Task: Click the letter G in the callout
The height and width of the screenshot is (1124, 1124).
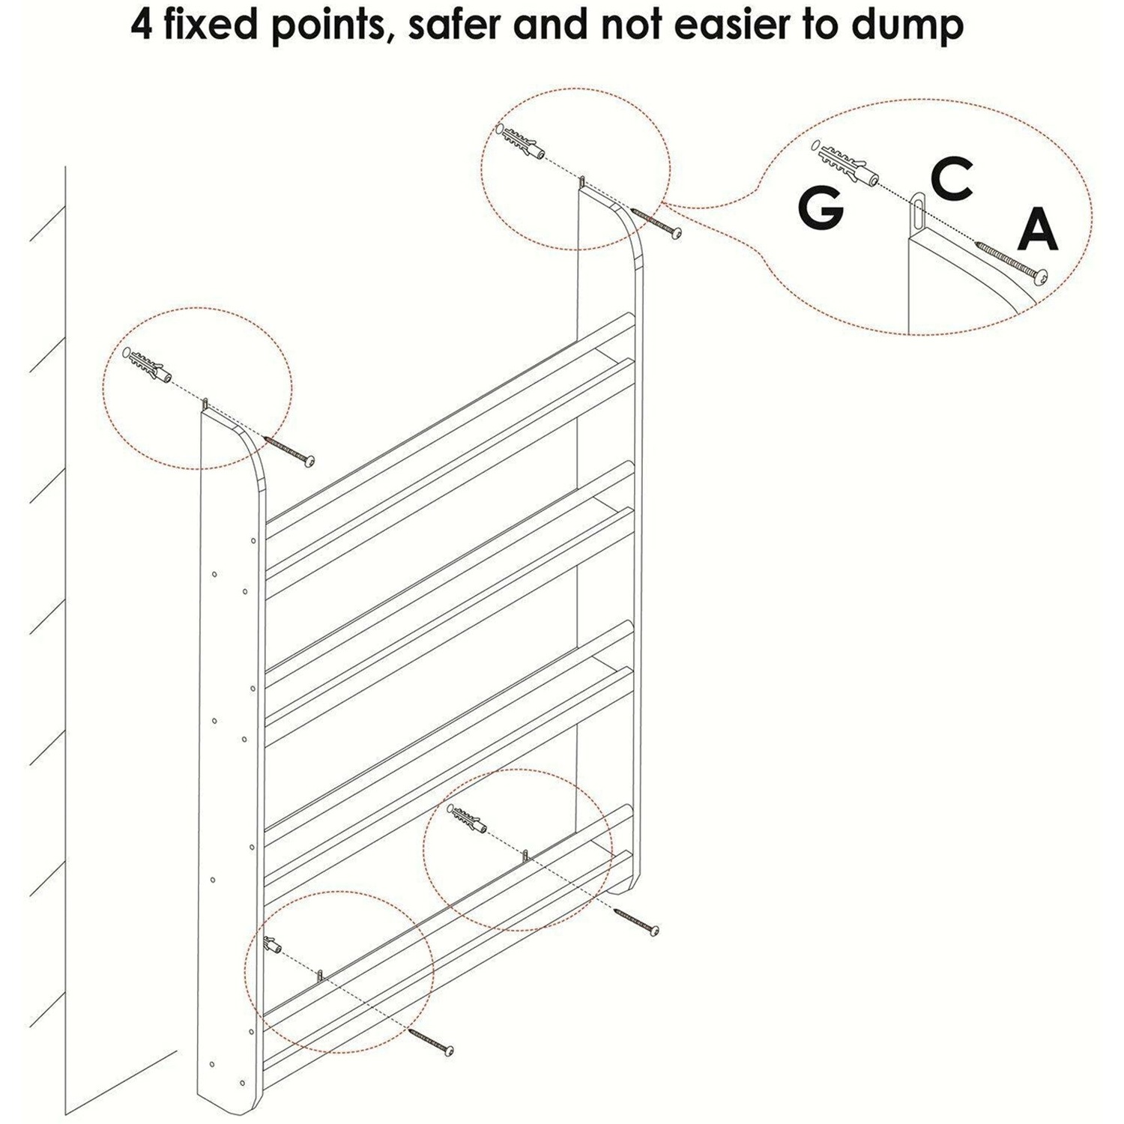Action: (x=821, y=208)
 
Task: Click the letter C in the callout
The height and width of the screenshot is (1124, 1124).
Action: (x=952, y=178)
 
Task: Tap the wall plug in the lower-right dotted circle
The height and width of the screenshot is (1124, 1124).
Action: (x=468, y=818)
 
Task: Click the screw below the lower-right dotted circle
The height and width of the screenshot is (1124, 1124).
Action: (x=636, y=922)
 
